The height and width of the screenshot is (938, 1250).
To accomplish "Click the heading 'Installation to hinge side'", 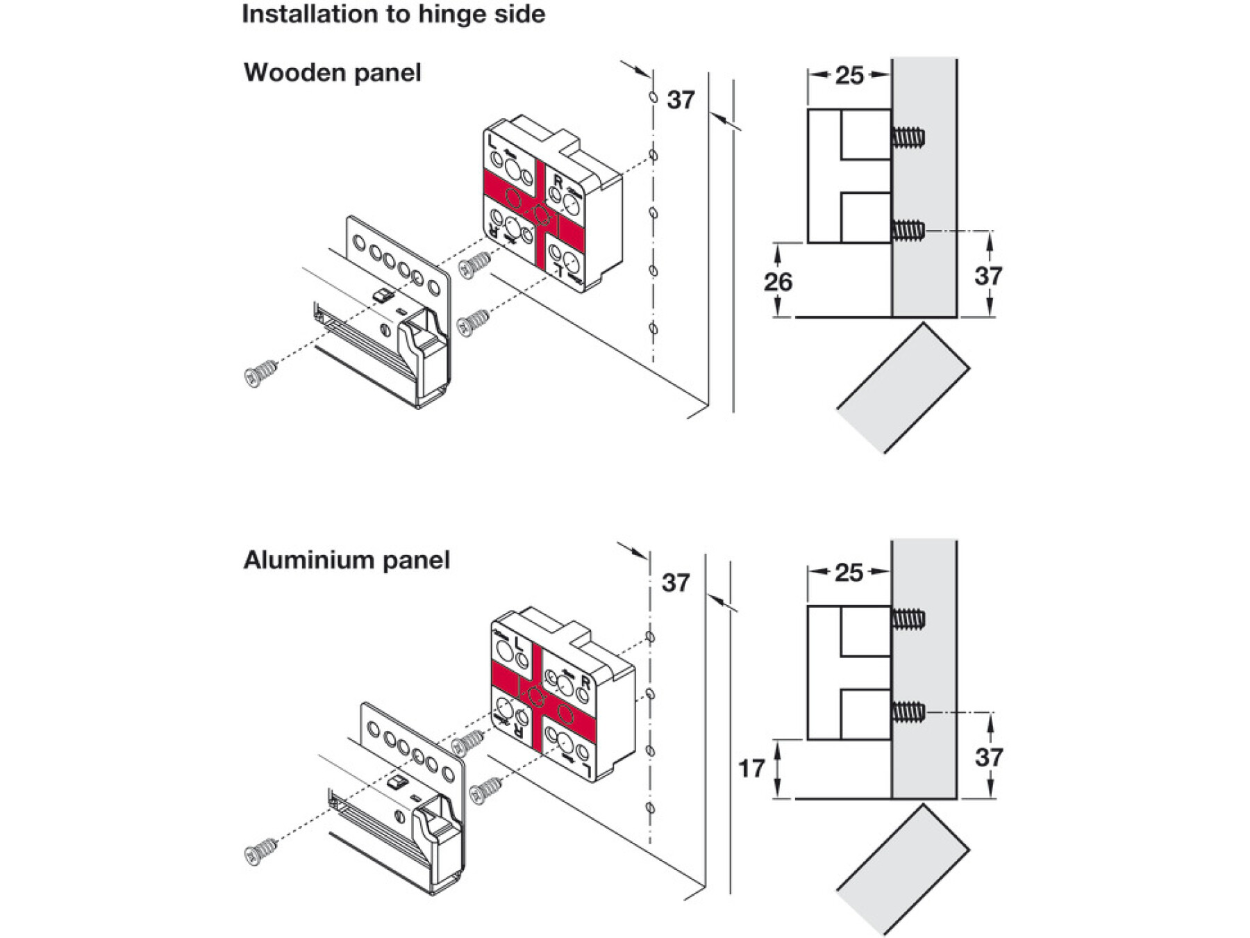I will point(393,15).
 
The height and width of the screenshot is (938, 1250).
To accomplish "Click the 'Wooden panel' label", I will point(332,72).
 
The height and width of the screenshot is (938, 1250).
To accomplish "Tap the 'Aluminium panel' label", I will point(347,560).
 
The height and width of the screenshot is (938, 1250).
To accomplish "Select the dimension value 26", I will point(778,281).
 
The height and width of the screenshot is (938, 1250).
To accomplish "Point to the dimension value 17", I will point(751,768).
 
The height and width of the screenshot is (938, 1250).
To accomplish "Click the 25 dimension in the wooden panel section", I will point(849,75).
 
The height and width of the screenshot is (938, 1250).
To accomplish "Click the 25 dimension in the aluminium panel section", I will point(849,573).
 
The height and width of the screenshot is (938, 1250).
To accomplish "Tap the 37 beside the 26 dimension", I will point(988,276).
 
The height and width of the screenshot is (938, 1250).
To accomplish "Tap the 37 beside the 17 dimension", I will point(988,757).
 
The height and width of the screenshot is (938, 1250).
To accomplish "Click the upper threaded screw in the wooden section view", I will point(909,136).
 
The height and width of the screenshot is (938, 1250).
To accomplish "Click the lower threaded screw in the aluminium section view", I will point(909,712).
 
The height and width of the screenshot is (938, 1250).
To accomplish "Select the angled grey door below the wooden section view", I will point(903,389).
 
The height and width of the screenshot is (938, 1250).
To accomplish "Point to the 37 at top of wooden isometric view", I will point(681,100).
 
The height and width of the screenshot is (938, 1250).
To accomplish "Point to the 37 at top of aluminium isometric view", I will point(676,582).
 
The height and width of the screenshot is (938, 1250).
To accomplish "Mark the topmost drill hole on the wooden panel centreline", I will point(653,97).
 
